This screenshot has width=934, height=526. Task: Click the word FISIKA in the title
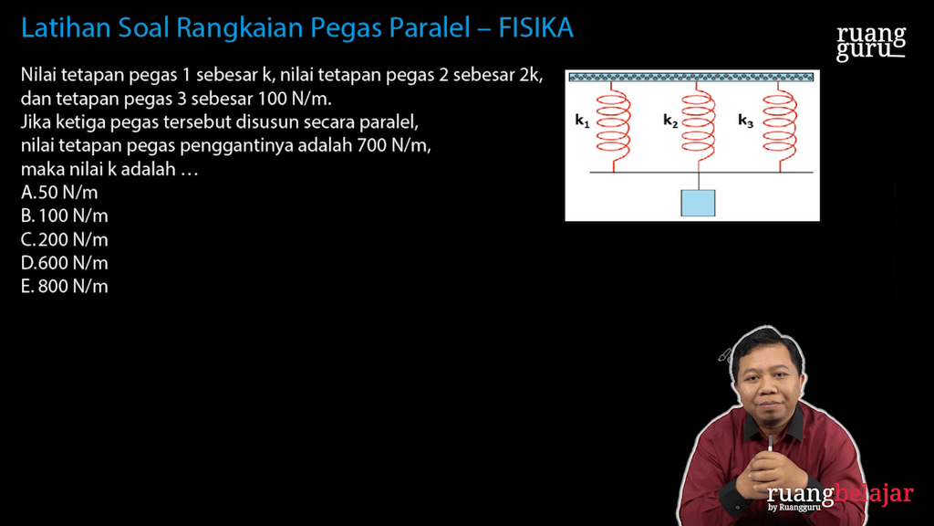(536, 28)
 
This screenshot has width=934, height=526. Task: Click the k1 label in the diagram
(583, 121)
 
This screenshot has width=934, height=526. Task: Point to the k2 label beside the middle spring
(670, 121)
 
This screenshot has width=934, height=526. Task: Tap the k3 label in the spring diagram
(745, 121)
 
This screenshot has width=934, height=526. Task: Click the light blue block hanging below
(698, 202)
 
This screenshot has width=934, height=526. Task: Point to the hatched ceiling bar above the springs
(690, 78)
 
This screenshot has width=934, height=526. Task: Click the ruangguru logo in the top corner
(871, 42)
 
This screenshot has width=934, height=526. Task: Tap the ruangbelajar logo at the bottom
(839, 496)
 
